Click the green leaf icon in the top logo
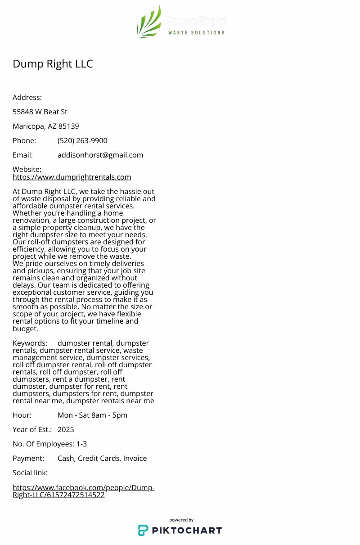(149, 23)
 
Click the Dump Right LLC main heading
(53, 64)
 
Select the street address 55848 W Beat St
(40, 112)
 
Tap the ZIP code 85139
(68, 126)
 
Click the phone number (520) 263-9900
(82, 140)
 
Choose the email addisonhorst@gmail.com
(100, 155)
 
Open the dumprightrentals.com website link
(72, 177)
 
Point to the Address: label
(27, 97)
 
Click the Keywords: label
(30, 343)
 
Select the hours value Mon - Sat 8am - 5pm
(92, 415)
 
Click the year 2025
(66, 429)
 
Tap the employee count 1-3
(81, 444)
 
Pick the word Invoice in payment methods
(135, 458)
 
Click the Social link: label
(30, 473)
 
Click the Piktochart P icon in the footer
(143, 530)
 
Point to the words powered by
(181, 520)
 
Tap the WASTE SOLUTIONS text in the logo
(196, 32)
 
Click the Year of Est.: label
(32, 429)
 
